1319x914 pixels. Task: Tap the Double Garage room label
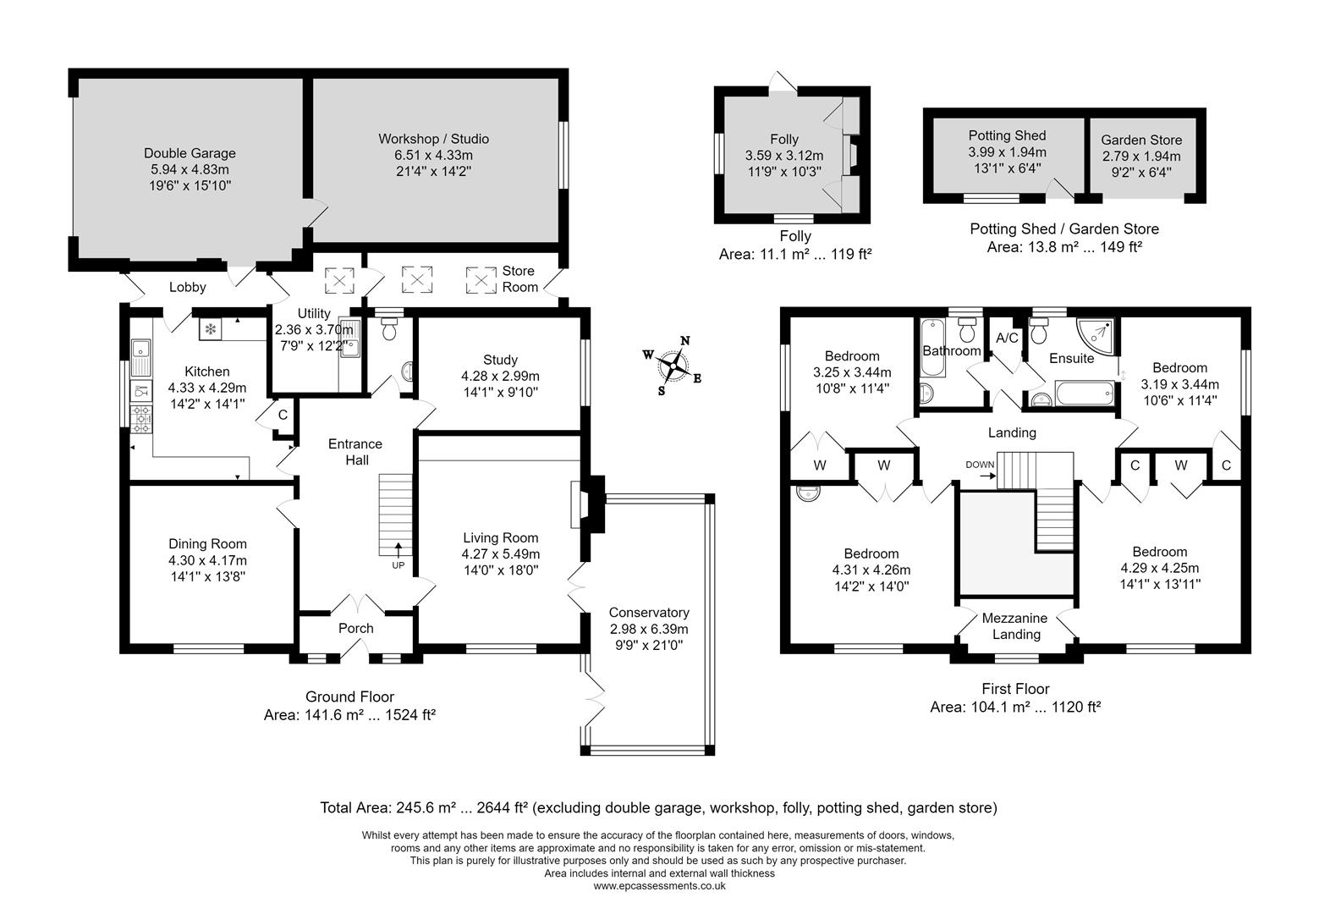pyautogui.click(x=190, y=153)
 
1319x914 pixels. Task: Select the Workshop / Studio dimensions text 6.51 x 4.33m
pyautogui.click(x=433, y=155)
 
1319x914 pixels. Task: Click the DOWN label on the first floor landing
pyautogui.click(x=980, y=465)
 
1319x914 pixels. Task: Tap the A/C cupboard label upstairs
pyautogui.click(x=1007, y=338)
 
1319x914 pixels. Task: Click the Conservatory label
pyautogui.click(x=649, y=613)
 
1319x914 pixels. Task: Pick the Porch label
pyautogui.click(x=355, y=628)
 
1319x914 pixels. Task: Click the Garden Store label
pyautogui.click(x=1141, y=140)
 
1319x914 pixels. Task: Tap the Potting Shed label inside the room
pyautogui.click(x=1007, y=135)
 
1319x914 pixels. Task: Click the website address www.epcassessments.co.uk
pyautogui.click(x=659, y=886)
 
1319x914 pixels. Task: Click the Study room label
pyautogui.click(x=500, y=360)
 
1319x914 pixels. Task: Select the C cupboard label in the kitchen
pyautogui.click(x=283, y=415)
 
